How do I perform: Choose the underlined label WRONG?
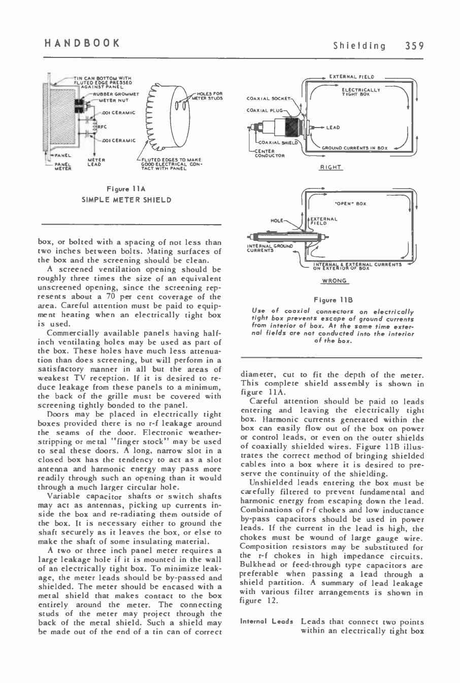coord(333,281)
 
